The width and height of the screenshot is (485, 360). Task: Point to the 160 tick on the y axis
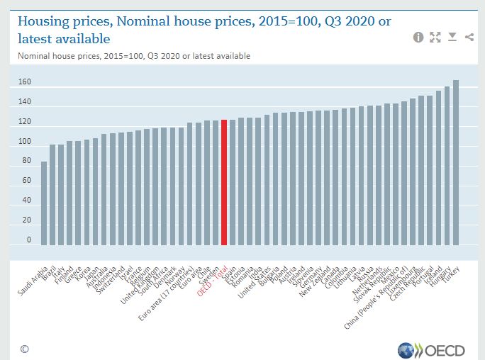[25, 83]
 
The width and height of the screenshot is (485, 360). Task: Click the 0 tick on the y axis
[29, 240]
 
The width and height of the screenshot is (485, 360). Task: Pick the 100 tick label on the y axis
[25, 142]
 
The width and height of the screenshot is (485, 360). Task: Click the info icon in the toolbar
[418, 37]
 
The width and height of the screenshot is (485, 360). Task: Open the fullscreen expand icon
[435, 37]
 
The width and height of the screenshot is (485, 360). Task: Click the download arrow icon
[452, 37]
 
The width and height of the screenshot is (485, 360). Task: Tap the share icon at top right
[469, 37]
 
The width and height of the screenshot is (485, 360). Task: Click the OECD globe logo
[406, 349]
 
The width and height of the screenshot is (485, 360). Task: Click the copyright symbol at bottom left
[24, 349]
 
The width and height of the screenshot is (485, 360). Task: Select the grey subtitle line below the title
[134, 55]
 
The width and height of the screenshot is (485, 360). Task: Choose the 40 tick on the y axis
[27, 201]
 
